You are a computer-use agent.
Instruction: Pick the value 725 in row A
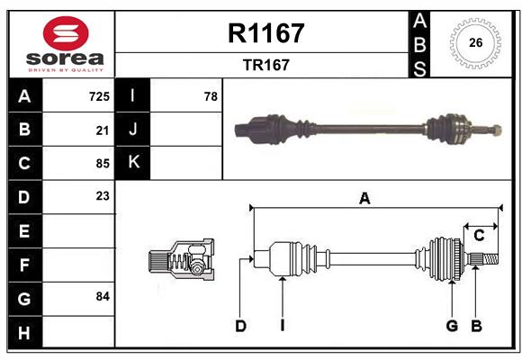click(99, 95)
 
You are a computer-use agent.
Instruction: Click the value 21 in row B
click(103, 130)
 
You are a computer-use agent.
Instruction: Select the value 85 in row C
click(103, 164)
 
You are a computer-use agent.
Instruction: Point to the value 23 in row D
click(103, 196)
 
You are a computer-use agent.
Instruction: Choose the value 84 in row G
click(103, 296)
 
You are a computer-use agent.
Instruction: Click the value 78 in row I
click(211, 95)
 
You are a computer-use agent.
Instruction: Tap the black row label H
click(24, 332)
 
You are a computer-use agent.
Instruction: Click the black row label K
click(134, 163)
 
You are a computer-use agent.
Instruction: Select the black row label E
click(24, 231)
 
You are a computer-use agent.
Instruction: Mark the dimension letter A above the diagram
click(364, 199)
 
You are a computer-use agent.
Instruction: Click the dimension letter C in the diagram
click(479, 236)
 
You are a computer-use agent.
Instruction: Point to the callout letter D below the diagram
click(240, 326)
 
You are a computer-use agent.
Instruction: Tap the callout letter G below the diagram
click(452, 326)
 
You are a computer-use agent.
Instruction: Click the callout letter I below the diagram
click(282, 326)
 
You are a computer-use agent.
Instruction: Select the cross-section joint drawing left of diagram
click(180, 260)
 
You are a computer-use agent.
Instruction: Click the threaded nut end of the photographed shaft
click(494, 130)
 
